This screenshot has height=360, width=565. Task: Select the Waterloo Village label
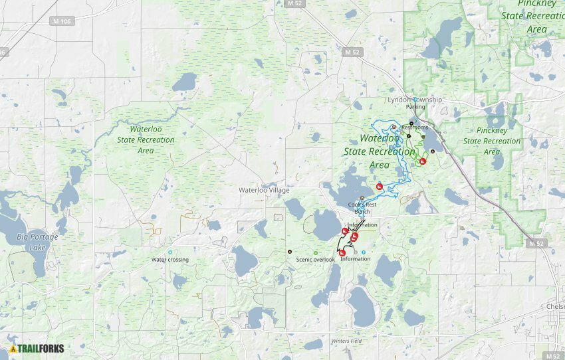point(265,190)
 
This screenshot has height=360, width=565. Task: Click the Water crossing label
point(169,260)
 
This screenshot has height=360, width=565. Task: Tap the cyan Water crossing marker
point(170,252)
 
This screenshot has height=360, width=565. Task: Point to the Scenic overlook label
point(315,260)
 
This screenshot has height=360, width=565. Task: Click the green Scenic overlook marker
point(315,252)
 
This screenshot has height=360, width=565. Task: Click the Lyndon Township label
point(415,100)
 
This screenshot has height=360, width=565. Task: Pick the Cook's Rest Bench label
point(362,208)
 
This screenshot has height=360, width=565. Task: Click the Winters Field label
point(346,341)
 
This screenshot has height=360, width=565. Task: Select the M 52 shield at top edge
point(293,3)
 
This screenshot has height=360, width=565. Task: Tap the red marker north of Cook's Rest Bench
point(380,187)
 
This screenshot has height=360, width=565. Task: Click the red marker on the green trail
point(422,161)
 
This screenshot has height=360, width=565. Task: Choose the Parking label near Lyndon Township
point(415,107)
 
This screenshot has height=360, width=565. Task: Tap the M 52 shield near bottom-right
point(536,244)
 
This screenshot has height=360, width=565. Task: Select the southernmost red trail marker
point(342,252)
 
